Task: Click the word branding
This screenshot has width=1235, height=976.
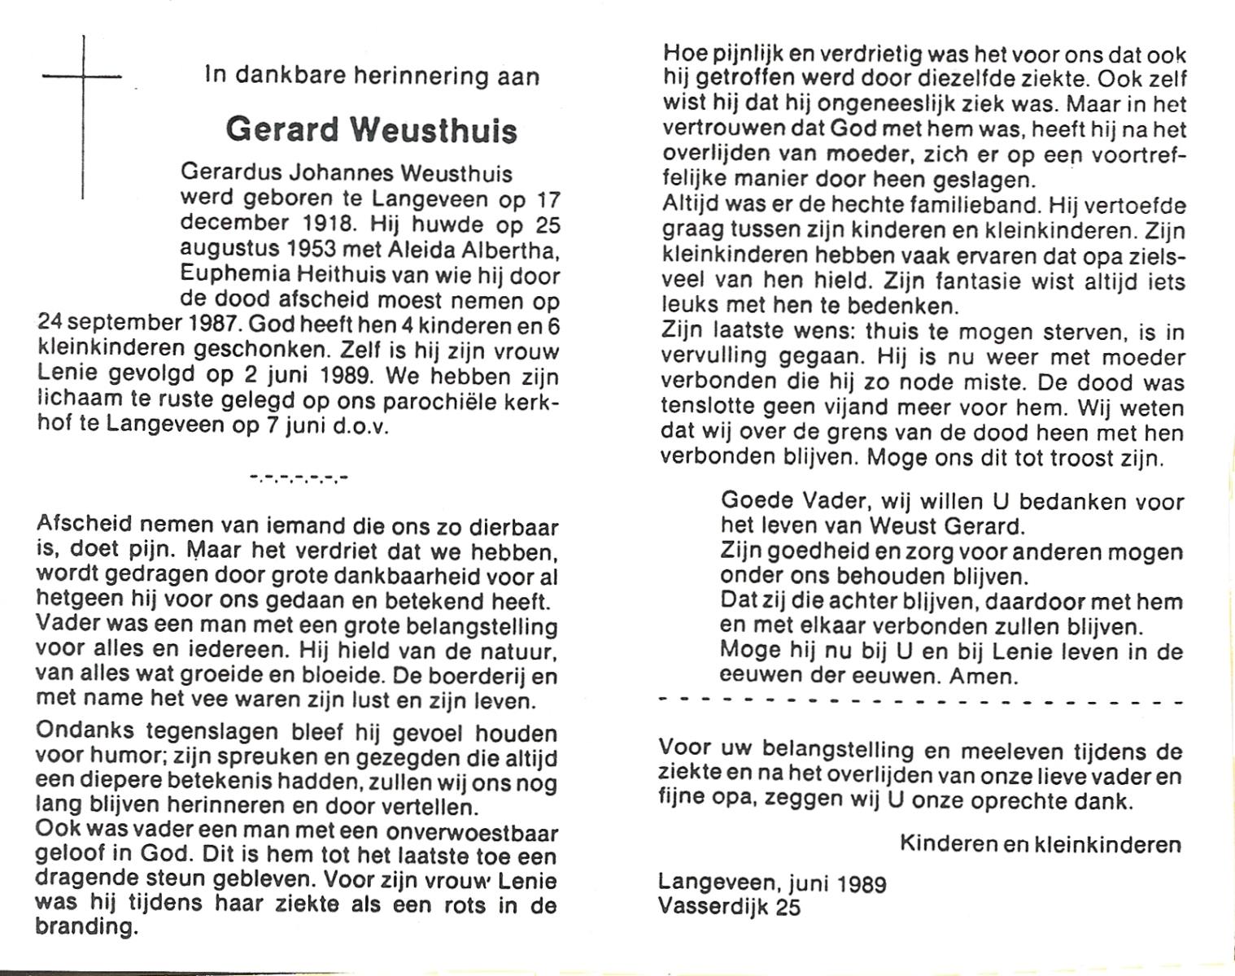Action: point(86,927)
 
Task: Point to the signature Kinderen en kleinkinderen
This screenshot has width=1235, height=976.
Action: point(1041,843)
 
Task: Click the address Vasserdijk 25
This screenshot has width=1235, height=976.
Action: point(730,906)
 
